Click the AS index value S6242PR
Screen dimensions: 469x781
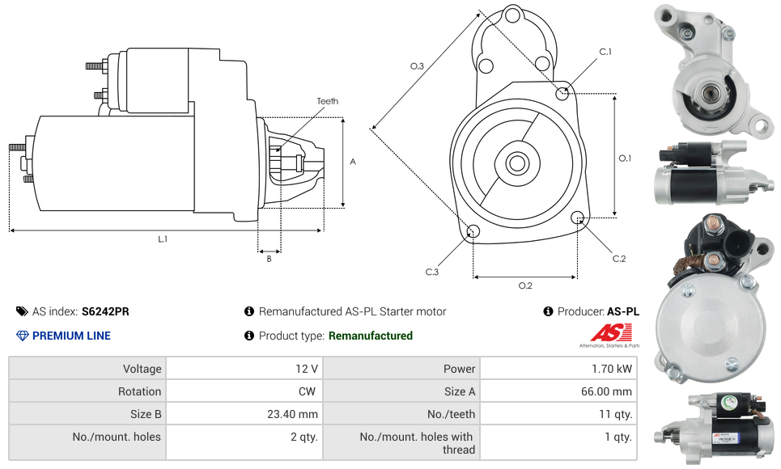point(105,311)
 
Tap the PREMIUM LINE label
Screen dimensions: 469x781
point(71,336)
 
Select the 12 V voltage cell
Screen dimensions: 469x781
point(306,369)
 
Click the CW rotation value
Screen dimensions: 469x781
point(308,391)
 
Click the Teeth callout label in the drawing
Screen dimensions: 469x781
point(327,101)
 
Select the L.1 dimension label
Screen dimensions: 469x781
point(163,239)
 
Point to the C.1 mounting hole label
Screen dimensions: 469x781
point(605,53)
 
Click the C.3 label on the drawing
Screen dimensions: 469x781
point(432,273)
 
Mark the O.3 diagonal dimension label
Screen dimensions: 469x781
point(417,66)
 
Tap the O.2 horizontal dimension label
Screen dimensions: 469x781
point(525,285)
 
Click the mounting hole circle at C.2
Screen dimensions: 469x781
point(578,218)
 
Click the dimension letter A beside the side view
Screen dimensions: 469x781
point(353,162)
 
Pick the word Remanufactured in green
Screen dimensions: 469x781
point(371,336)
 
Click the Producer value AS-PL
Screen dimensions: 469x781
point(622,311)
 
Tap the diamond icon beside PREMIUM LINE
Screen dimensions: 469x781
point(22,336)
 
